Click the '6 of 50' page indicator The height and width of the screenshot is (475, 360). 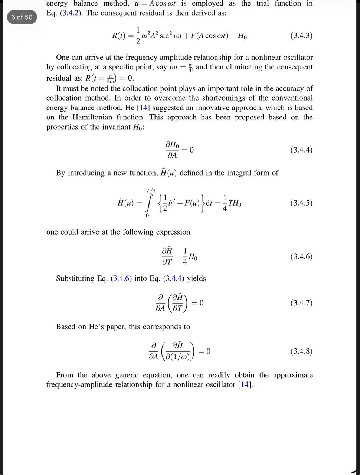pos(22,17)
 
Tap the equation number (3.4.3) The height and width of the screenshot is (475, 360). pos(301,36)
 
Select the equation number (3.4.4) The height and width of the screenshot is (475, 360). pos(301,150)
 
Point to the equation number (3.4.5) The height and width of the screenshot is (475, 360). pos(301,203)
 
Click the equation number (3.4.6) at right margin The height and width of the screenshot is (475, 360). pos(301,256)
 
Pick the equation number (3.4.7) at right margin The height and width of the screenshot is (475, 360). pos(301,303)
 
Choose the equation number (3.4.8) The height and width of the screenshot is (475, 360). pos(301,351)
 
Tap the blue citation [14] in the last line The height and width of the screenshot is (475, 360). pos(245,384)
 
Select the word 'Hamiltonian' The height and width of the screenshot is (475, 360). pos(93,117)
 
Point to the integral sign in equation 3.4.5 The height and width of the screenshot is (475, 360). pos(149,203)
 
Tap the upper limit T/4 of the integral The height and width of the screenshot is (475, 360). pos(151,190)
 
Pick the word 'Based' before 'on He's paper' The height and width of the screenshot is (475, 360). pos(66,327)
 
